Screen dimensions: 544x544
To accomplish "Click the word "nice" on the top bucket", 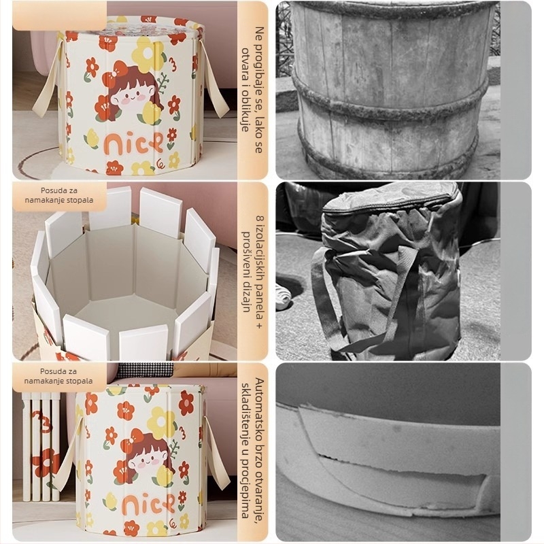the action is [133, 143].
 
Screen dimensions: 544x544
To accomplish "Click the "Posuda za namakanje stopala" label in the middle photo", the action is [59, 195].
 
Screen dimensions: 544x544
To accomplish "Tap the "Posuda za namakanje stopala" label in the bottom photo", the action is [58, 376].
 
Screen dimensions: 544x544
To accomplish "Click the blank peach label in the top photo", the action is [59, 16].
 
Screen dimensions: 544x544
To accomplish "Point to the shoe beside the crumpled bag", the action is [284, 294].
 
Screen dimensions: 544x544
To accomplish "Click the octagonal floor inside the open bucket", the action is [129, 311].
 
